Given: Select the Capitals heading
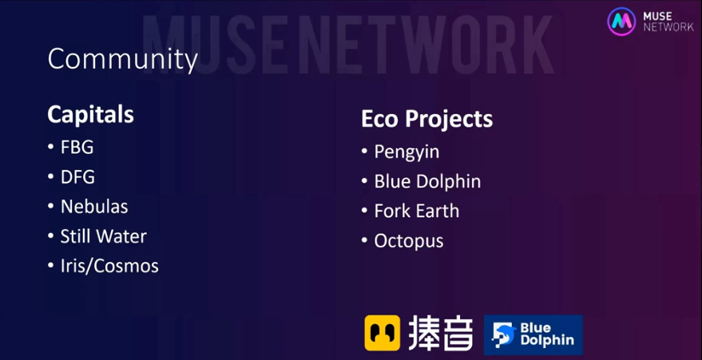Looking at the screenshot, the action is [x=90, y=115].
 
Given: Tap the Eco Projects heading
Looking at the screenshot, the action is [x=427, y=119].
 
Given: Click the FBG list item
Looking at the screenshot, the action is [x=77, y=148].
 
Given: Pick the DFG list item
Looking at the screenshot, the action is [x=77, y=177].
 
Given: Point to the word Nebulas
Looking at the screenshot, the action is [x=94, y=207].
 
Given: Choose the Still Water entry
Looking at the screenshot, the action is [x=103, y=236].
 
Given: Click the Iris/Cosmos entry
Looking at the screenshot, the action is [x=109, y=266].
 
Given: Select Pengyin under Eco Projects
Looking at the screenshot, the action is [x=407, y=152].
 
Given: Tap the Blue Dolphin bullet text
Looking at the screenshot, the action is [x=427, y=181].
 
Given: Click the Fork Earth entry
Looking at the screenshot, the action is [x=417, y=211].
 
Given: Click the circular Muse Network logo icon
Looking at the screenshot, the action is [x=621, y=21].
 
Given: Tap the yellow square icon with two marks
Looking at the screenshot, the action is [x=383, y=333].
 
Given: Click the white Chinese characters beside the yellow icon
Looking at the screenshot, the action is [x=441, y=333].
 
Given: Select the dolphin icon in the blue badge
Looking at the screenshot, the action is [x=504, y=335].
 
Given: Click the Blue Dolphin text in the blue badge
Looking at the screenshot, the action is [x=546, y=334].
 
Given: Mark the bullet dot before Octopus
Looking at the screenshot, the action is [x=364, y=240].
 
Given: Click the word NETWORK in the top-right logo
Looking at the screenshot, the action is [x=668, y=27].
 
